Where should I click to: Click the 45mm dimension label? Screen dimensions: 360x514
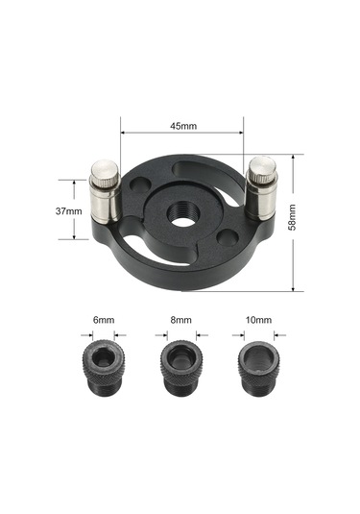point(183,126)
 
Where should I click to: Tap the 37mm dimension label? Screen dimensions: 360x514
point(68,211)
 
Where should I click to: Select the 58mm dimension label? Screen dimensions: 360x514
point(292,217)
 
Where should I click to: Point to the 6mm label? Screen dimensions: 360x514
point(104,320)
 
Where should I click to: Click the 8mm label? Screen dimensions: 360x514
point(180,320)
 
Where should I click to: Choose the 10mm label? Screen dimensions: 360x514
point(258,320)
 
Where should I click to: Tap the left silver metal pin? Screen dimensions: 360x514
point(106,191)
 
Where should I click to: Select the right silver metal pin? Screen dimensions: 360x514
point(261,188)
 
